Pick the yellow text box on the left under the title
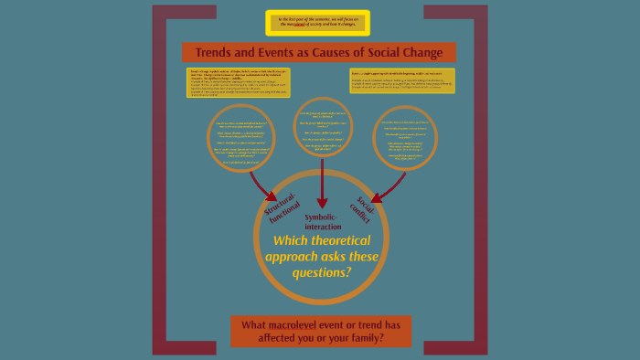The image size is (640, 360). pos(237,82)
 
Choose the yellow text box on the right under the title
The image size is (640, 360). pos(401,79)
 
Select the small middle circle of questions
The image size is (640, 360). pos(321,129)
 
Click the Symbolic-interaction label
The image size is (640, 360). pos(322,221)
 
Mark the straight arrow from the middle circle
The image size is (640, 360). pos(322,183)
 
